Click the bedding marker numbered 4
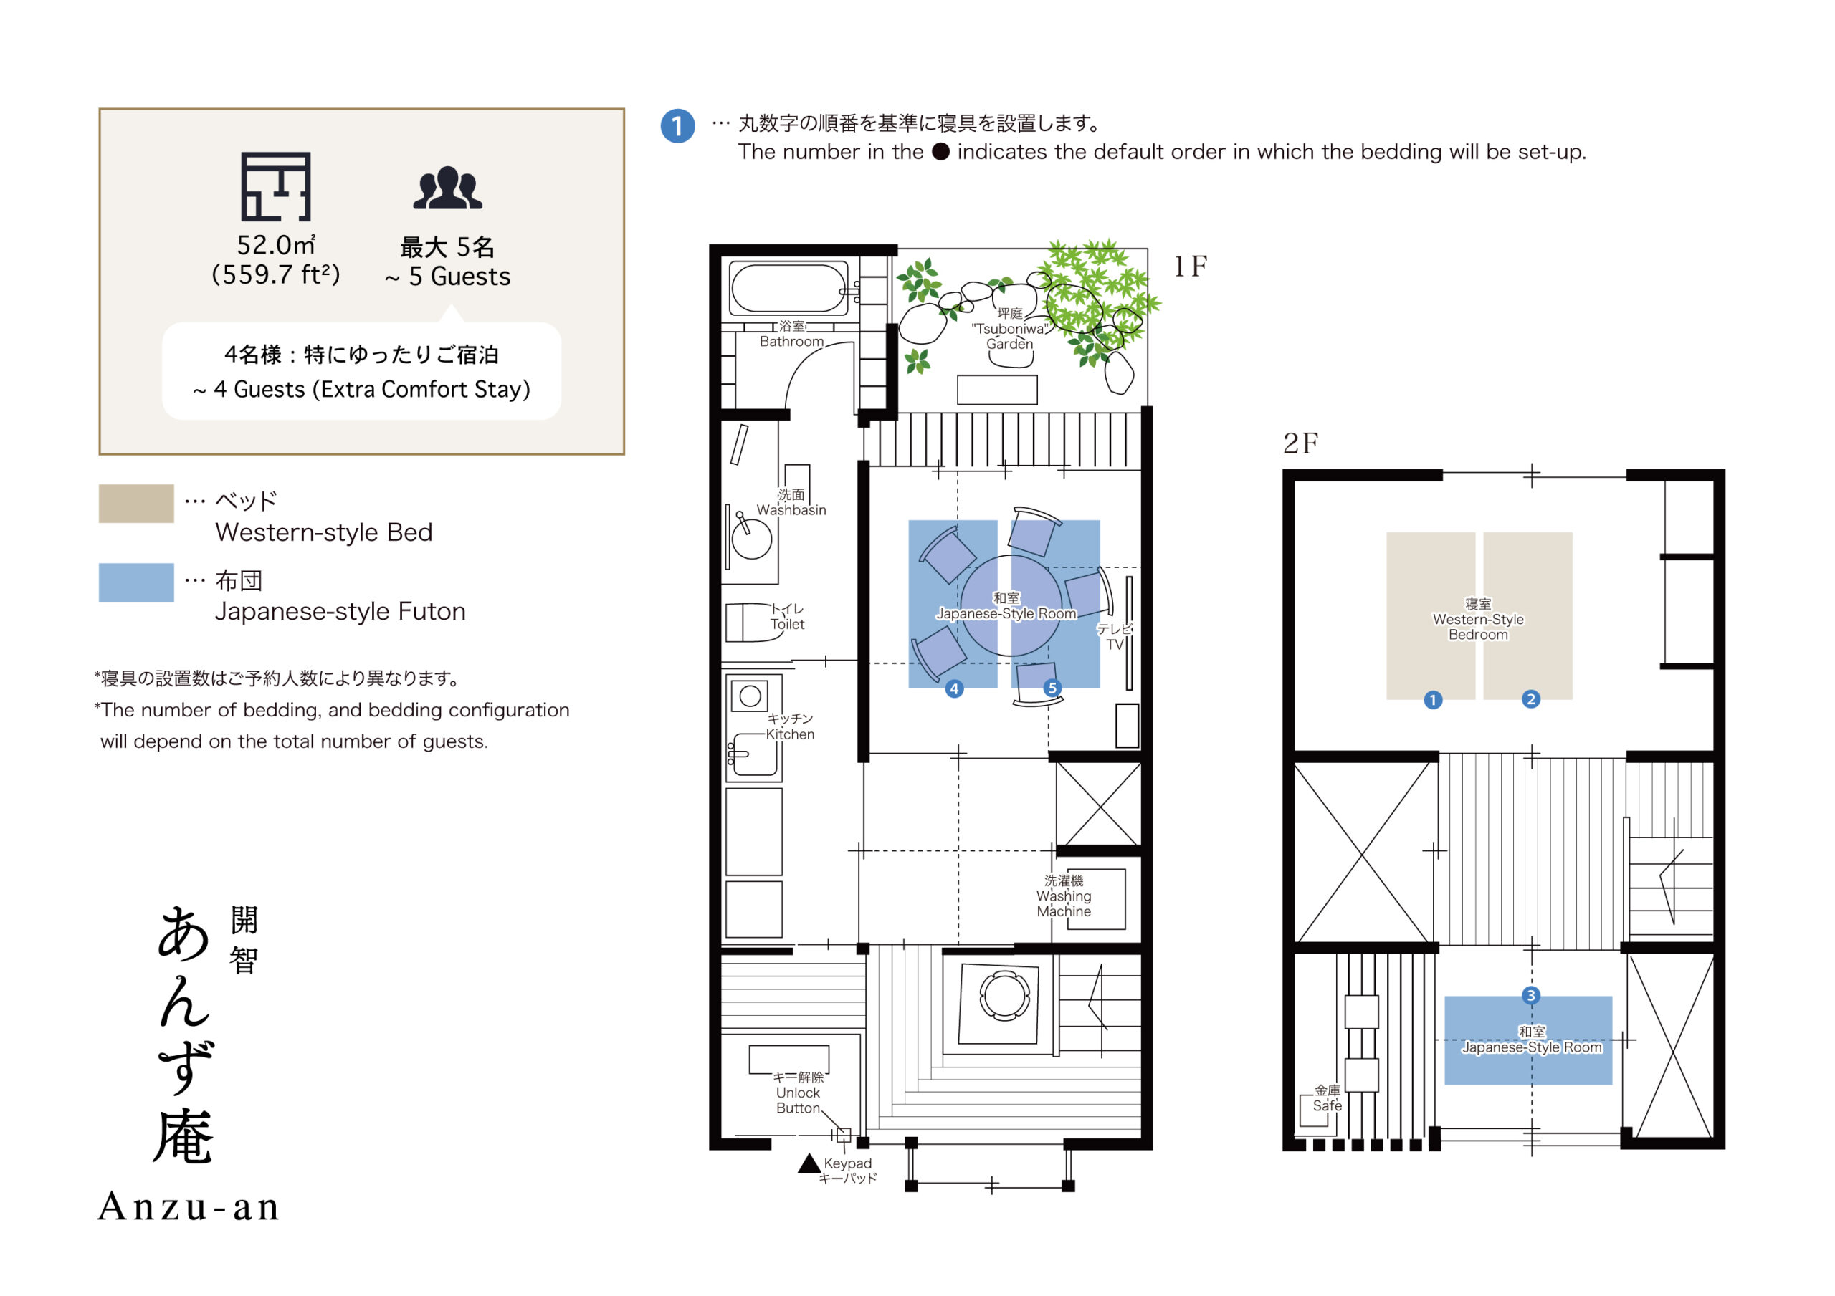coord(953,688)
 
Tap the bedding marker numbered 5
coord(1052,688)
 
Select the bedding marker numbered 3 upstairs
coord(1530,996)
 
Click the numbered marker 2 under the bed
coord(1530,699)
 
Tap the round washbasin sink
coord(751,539)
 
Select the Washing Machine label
coord(1064,896)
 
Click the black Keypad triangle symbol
coord(809,1164)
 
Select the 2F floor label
coord(1300,443)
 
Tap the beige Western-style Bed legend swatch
coord(136,504)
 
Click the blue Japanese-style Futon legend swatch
coord(136,582)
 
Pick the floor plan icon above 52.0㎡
coord(276,186)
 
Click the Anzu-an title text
coord(189,1206)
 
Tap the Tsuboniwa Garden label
coord(1009,328)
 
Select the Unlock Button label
coord(798,1093)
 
